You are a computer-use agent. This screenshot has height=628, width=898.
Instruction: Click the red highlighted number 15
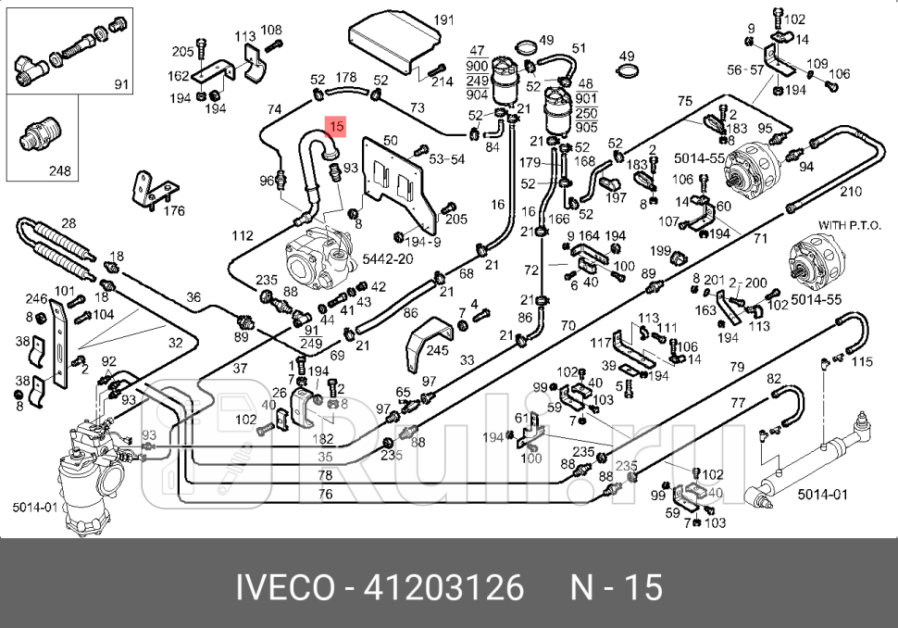click(x=336, y=125)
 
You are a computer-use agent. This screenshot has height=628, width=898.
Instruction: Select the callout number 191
click(x=444, y=19)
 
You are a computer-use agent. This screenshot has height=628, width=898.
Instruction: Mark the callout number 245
click(x=437, y=350)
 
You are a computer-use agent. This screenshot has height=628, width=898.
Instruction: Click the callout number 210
click(x=851, y=192)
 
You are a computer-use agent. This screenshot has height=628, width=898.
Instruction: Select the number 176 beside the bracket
click(x=173, y=211)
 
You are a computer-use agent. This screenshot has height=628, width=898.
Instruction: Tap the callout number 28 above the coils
click(x=69, y=223)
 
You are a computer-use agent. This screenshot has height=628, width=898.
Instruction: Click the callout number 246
click(x=36, y=298)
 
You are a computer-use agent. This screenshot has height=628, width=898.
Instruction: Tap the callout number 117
click(x=602, y=342)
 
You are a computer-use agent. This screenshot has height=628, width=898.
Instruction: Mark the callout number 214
click(x=442, y=82)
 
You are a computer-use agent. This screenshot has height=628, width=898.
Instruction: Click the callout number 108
click(x=270, y=31)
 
